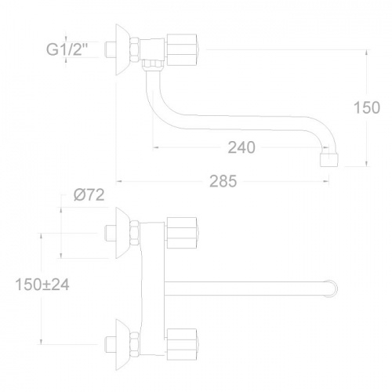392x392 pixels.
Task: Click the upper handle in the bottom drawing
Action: point(186,230)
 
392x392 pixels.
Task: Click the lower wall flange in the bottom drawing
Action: point(123,341)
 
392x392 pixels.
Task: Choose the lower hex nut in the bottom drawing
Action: point(135,341)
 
